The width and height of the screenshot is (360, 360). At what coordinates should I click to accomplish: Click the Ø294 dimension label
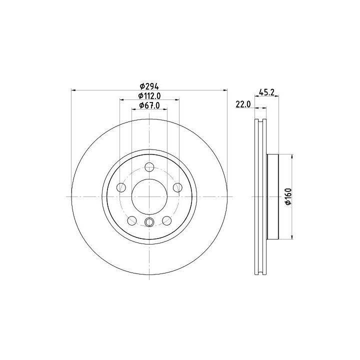pyautogui.click(x=149, y=86)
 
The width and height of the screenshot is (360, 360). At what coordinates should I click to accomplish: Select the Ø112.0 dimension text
pyautogui.click(x=149, y=95)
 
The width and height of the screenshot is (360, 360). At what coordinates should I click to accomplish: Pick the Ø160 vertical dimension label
pyautogui.click(x=288, y=196)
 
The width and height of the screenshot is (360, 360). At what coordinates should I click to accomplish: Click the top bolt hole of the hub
pyautogui.click(x=149, y=167)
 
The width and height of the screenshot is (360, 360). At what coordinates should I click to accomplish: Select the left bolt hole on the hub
pyautogui.click(x=121, y=187)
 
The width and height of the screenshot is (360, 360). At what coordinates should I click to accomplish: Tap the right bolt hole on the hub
pyautogui.click(x=177, y=187)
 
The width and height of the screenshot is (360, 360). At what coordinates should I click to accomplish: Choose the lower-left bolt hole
pyautogui.click(x=132, y=220)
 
